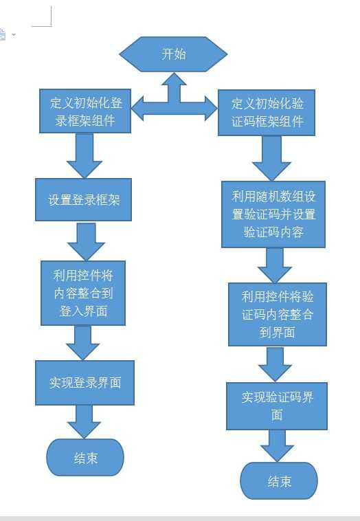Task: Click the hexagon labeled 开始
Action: coord(173,54)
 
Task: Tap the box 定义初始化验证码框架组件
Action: coord(267,113)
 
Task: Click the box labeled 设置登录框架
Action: coord(84,200)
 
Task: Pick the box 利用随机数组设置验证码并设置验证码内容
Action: coord(273,214)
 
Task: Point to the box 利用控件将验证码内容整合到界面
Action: coord(278,314)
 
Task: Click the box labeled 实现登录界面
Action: coord(85,382)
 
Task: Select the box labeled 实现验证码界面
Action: coord(277,406)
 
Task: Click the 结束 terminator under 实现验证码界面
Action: coord(279,481)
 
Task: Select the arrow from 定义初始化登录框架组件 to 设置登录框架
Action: coord(85,155)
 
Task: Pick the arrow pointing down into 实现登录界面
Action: coord(83,342)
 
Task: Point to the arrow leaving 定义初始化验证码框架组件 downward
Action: coord(272,157)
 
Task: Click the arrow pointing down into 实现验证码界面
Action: coord(275,364)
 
